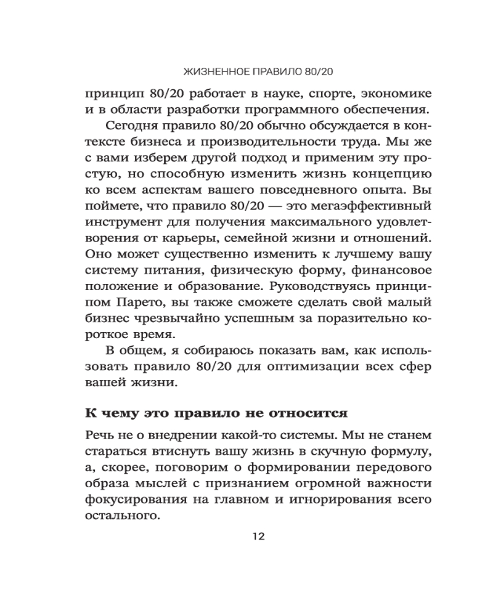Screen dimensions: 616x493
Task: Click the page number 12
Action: coord(258,537)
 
